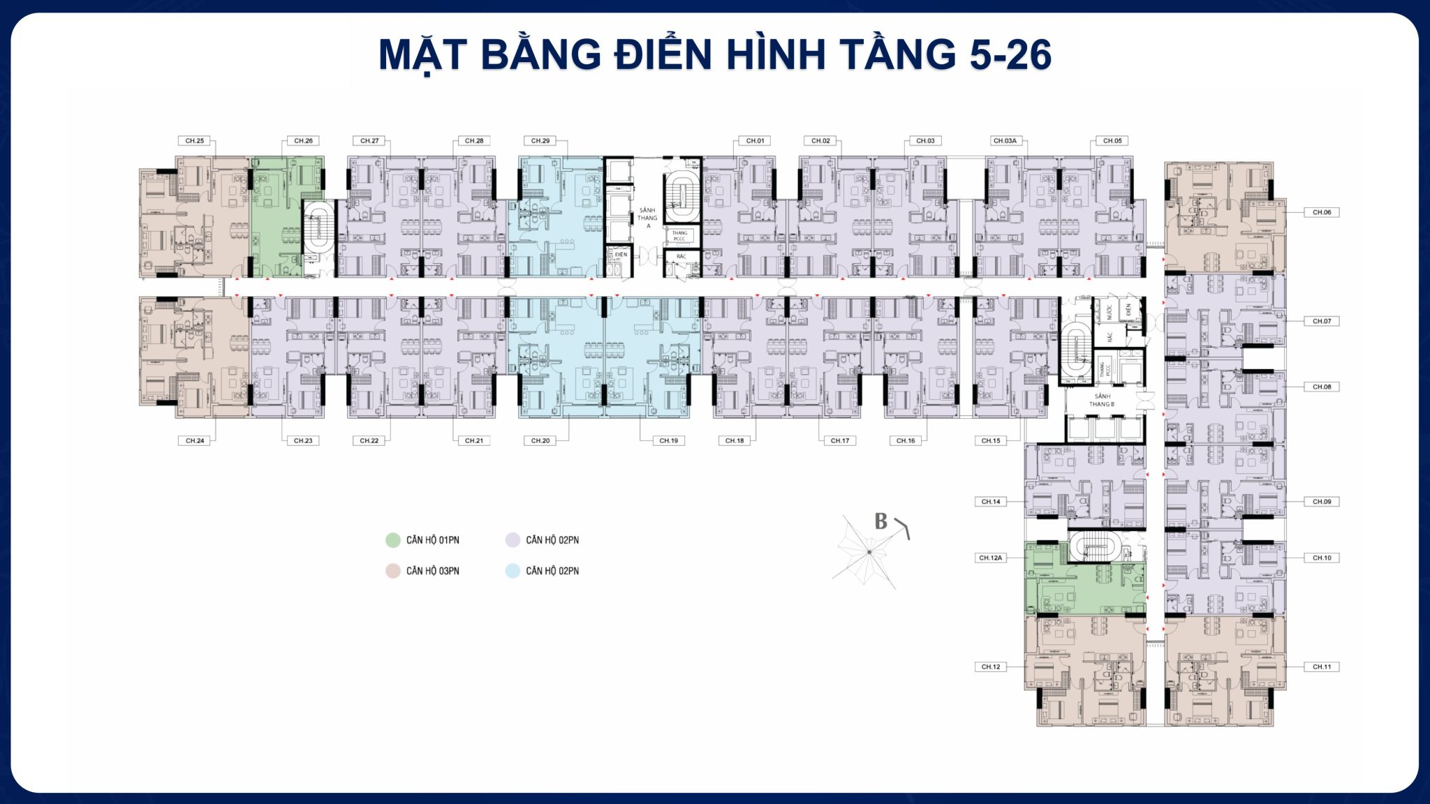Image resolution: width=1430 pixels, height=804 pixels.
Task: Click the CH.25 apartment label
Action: [x=195, y=141]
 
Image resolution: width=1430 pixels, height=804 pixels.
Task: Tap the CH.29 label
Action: [x=540, y=141]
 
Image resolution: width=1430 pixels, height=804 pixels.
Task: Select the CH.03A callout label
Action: [x=1005, y=141]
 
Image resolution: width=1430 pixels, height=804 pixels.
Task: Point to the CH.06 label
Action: [x=1321, y=212]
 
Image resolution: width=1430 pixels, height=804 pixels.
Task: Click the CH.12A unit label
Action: [x=990, y=558]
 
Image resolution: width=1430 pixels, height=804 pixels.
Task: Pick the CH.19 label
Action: [x=668, y=440]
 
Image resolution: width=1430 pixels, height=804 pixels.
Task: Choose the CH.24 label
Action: [x=195, y=440]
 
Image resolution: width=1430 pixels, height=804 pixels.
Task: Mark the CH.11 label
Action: [x=1321, y=667]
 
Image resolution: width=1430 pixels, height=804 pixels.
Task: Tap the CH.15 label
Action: [x=990, y=440]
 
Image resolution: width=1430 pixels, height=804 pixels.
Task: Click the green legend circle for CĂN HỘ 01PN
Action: [x=393, y=540]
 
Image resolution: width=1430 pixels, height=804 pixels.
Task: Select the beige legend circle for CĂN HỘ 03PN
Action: [x=393, y=571]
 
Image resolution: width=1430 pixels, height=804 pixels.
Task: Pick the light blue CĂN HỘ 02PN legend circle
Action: [x=513, y=571]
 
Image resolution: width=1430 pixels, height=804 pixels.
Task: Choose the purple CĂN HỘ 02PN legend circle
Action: [x=513, y=540]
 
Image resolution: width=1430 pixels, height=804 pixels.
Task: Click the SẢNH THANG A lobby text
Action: [x=647, y=218]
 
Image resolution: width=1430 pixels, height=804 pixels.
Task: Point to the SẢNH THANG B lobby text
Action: [x=1102, y=400]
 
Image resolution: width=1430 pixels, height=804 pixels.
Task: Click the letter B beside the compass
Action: [x=881, y=521]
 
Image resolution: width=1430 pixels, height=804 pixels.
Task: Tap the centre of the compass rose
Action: [x=869, y=552]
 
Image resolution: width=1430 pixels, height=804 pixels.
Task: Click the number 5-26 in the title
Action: [x=1010, y=54]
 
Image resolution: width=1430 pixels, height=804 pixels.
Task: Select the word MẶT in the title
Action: [x=422, y=54]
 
